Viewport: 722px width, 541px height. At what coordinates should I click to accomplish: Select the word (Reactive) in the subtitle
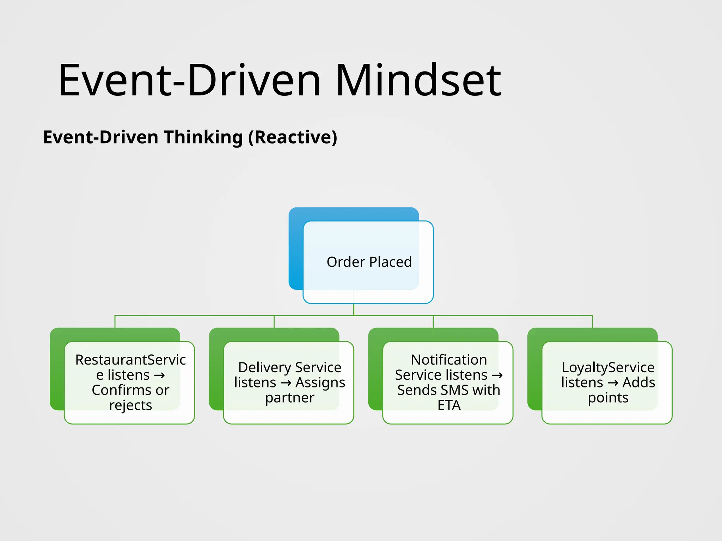pyautogui.click(x=293, y=137)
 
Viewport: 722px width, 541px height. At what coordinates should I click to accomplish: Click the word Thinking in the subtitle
pyautogui.click(x=203, y=137)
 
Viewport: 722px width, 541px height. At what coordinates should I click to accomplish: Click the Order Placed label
pyautogui.click(x=369, y=262)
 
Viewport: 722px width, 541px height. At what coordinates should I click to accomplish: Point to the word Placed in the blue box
pyautogui.click(x=390, y=262)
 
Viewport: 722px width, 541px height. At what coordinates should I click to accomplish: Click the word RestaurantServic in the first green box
pyautogui.click(x=130, y=360)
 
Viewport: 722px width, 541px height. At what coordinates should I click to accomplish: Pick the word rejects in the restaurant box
pyautogui.click(x=130, y=405)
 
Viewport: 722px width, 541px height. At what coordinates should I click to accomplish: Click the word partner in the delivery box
pyautogui.click(x=289, y=398)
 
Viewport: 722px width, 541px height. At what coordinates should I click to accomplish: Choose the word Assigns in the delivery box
pyautogui.click(x=320, y=383)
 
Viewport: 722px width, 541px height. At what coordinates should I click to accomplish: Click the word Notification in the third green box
pyautogui.click(x=449, y=360)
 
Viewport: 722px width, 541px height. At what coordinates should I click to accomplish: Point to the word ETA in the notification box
pyautogui.click(x=449, y=405)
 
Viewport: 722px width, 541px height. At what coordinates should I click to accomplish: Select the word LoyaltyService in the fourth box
pyautogui.click(x=608, y=367)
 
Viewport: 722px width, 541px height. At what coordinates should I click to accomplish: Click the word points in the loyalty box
pyautogui.click(x=608, y=398)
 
